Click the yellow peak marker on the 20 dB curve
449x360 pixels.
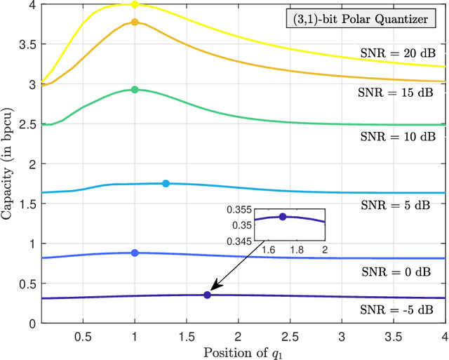pos(135,4)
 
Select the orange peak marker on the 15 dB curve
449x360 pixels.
pos(135,22)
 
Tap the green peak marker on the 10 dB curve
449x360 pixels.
pos(135,90)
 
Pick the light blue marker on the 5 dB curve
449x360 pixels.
pos(166,184)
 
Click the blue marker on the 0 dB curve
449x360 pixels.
pos(135,253)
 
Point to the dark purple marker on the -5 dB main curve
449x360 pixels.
pos(207,295)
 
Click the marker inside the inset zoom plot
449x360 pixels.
pos(283,217)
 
